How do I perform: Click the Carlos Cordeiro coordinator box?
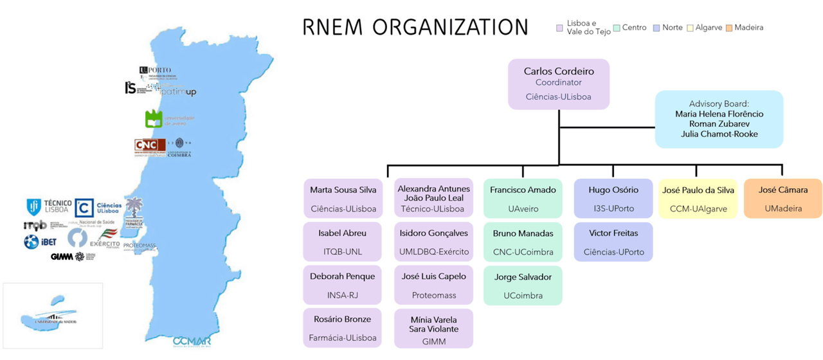pyautogui.click(x=558, y=84)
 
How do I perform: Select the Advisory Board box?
pyautogui.click(x=719, y=120)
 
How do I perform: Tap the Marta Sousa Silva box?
pyautogui.click(x=343, y=199)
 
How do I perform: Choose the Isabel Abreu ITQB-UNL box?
pyautogui.click(x=343, y=242)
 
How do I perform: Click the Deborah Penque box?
pyautogui.click(x=343, y=285)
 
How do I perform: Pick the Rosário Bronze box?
pyautogui.click(x=343, y=328)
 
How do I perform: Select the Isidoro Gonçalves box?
pyautogui.click(x=433, y=242)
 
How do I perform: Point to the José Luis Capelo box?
pyautogui.click(x=433, y=285)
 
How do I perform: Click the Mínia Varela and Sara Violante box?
pyautogui.click(x=433, y=328)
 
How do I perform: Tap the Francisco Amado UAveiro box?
pyautogui.click(x=523, y=199)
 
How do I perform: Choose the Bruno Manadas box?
pyautogui.click(x=523, y=242)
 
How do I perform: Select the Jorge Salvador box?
pyautogui.click(x=523, y=285)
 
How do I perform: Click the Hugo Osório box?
pyautogui.click(x=613, y=199)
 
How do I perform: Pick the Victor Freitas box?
pyautogui.click(x=613, y=242)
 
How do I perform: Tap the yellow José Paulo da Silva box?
pyautogui.click(x=698, y=199)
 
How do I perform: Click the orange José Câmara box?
pyautogui.click(x=782, y=199)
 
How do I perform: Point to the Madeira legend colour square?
pyautogui.click(x=728, y=28)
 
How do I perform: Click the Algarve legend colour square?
pyautogui.click(x=690, y=28)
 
